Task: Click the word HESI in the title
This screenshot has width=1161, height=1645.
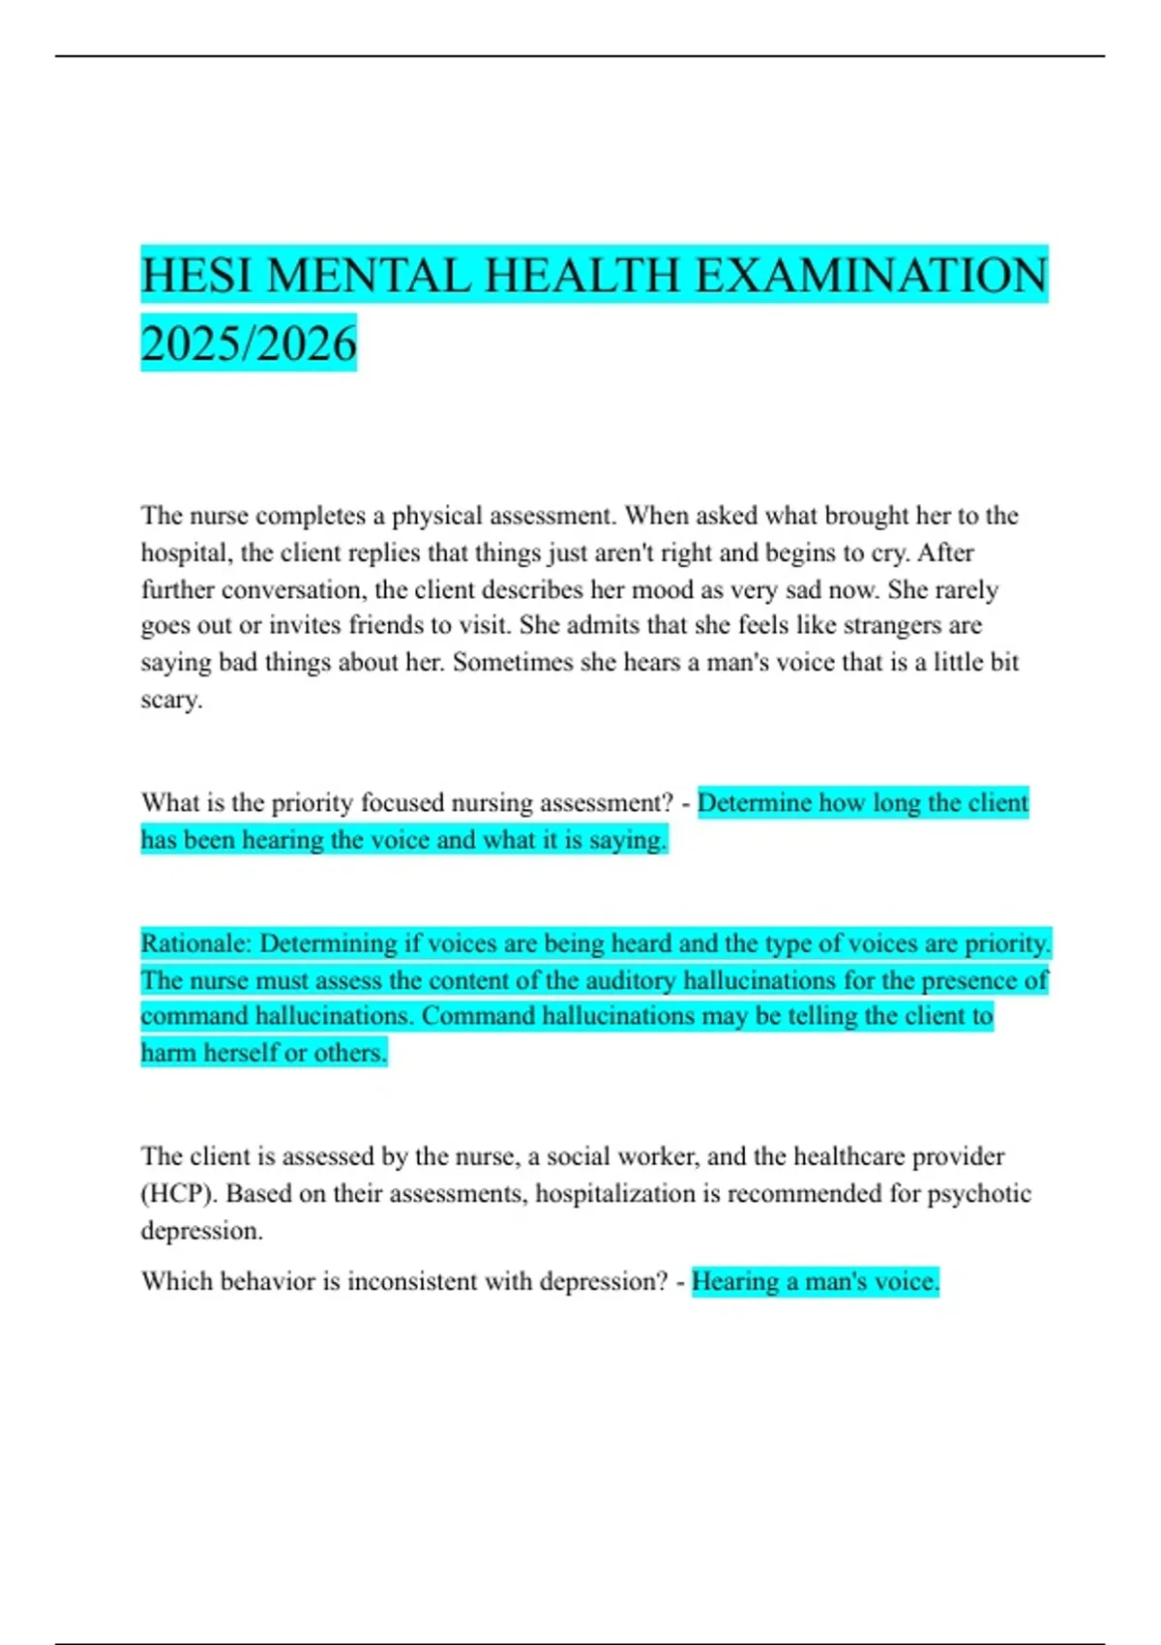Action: (196, 275)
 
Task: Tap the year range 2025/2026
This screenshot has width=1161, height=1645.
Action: (249, 344)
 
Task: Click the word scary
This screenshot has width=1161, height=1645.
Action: (171, 700)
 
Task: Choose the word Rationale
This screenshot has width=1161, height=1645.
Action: (195, 943)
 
